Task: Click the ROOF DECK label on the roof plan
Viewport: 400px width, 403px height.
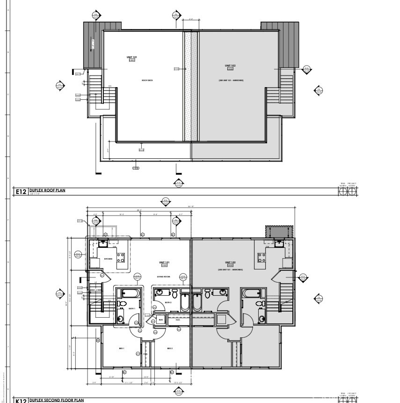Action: (x=147, y=81)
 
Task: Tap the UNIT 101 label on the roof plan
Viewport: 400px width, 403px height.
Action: (x=131, y=57)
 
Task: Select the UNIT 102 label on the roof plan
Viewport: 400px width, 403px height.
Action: (x=230, y=66)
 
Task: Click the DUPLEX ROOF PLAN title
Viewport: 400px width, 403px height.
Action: (x=47, y=190)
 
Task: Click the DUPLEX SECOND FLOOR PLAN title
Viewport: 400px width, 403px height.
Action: (x=56, y=400)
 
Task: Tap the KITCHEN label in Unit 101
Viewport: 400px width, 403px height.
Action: (x=108, y=259)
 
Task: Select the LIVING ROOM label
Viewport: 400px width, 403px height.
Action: (x=163, y=277)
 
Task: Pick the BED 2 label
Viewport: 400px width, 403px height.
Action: (x=170, y=349)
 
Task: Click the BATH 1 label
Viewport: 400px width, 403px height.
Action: (x=131, y=308)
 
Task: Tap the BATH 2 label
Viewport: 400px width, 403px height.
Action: (x=168, y=303)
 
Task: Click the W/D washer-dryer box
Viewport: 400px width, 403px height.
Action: (x=160, y=320)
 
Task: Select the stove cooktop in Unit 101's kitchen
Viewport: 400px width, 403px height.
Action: (x=121, y=257)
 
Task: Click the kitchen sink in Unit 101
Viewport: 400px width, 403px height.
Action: (x=103, y=243)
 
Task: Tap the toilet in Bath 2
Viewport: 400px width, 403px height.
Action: (x=175, y=294)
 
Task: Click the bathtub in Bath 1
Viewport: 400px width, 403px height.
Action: (x=131, y=294)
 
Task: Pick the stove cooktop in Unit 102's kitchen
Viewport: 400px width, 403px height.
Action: (x=261, y=257)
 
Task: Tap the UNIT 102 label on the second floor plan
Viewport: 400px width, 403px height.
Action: (x=230, y=262)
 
